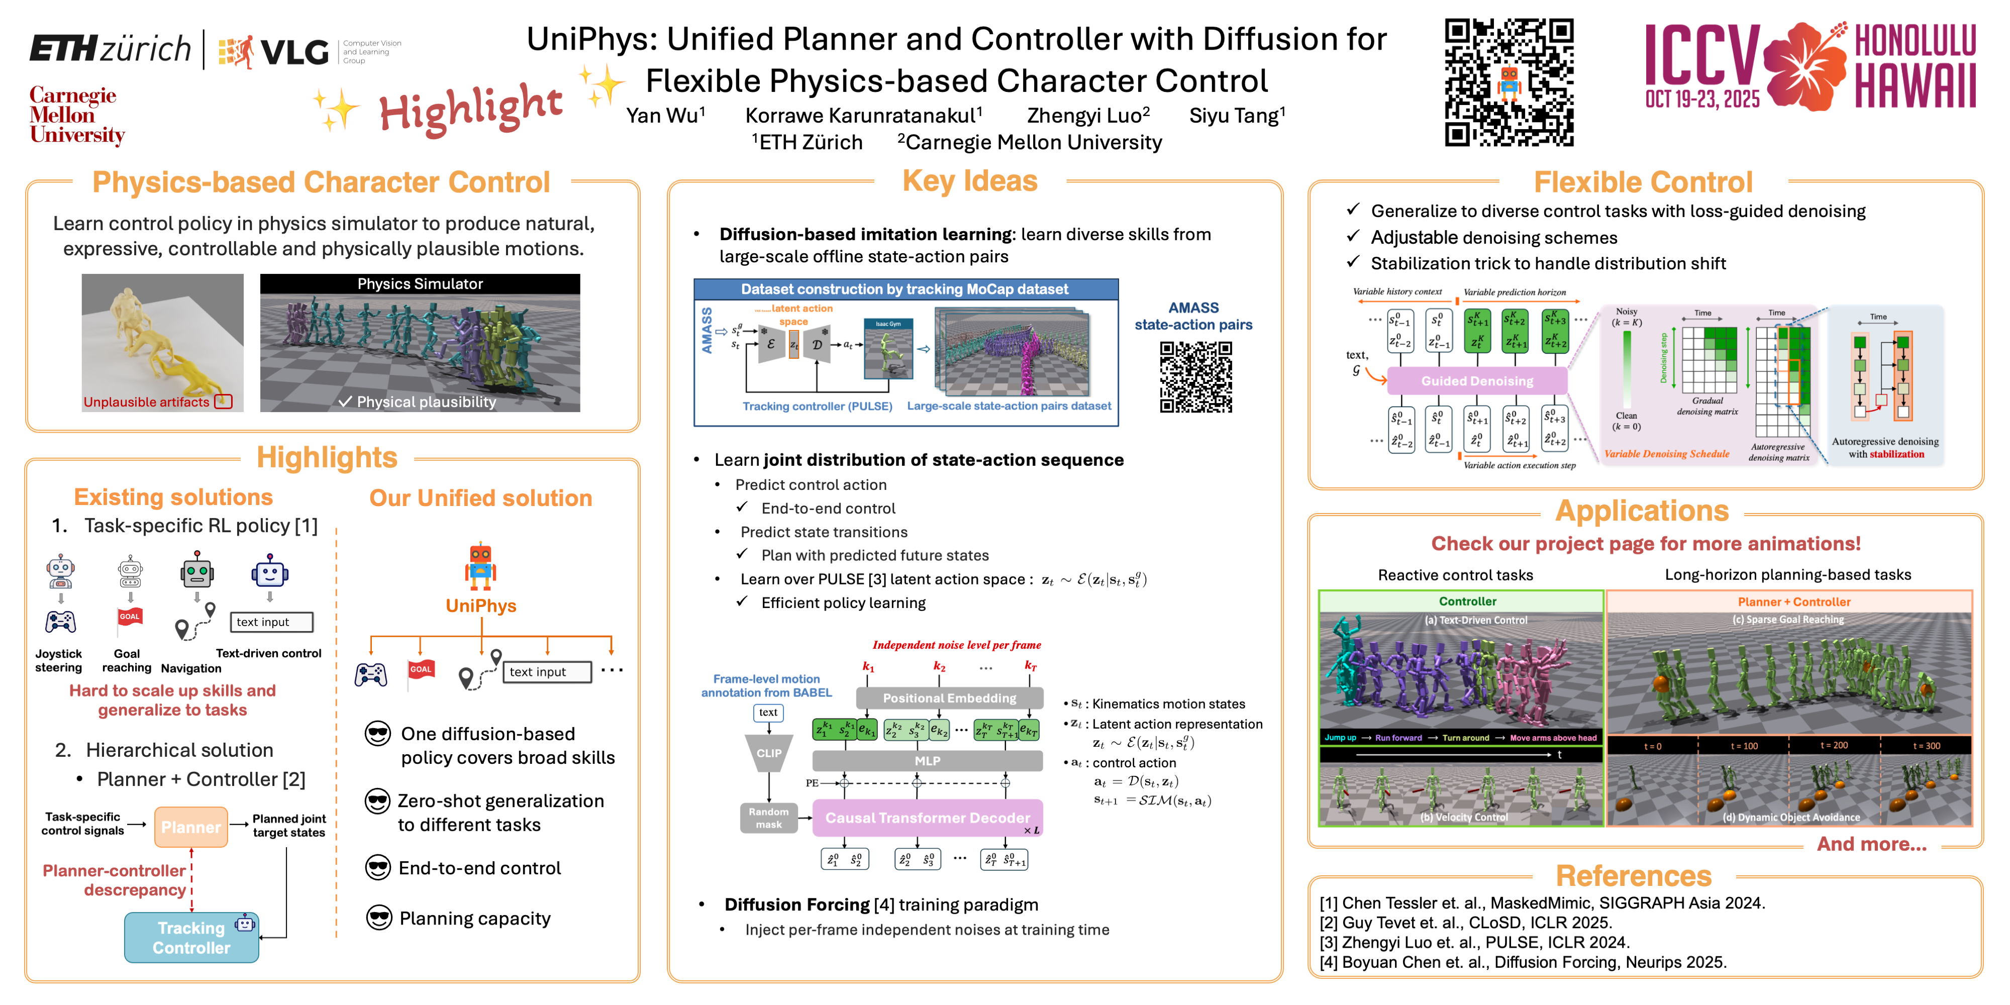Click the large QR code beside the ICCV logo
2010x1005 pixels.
click(x=1509, y=82)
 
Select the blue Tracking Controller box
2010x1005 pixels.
click(x=191, y=937)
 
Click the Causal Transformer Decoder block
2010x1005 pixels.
click(x=927, y=818)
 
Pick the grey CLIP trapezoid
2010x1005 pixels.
click(x=769, y=753)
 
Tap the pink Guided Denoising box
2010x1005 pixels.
click(x=1476, y=381)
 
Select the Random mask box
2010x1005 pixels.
click(x=769, y=818)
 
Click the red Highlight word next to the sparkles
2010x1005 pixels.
click(x=470, y=109)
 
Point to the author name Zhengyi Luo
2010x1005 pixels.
click(x=1088, y=116)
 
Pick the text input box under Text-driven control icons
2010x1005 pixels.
click(x=271, y=622)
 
